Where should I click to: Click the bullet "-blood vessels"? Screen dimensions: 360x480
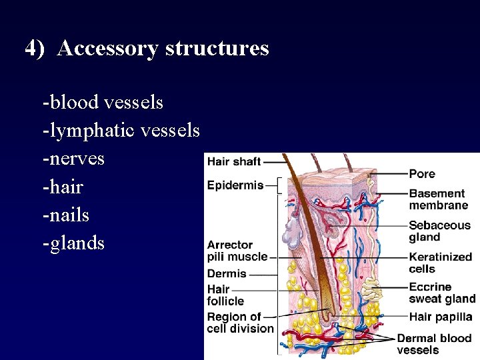103,103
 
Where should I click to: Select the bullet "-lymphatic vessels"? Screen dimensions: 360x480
121,131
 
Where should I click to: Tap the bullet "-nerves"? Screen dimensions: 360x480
73,159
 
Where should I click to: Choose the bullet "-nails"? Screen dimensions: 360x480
65,215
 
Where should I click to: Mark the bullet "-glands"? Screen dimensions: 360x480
73,243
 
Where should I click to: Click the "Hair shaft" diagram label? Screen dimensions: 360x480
234,161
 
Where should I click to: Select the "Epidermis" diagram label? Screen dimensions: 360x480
235,185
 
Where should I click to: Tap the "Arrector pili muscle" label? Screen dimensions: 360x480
237,251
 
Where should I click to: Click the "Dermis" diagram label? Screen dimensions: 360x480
227,273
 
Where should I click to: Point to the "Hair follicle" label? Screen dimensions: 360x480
225,295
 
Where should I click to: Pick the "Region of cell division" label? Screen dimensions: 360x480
240,322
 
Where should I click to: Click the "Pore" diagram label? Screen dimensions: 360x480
422,173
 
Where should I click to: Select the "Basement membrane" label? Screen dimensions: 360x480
438,199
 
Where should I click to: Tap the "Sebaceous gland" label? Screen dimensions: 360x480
439,231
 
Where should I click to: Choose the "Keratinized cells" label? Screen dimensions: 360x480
440,263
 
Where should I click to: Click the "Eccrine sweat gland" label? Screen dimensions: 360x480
441,293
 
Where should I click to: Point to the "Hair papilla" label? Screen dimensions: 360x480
441,317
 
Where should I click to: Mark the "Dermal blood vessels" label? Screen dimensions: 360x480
433,344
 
